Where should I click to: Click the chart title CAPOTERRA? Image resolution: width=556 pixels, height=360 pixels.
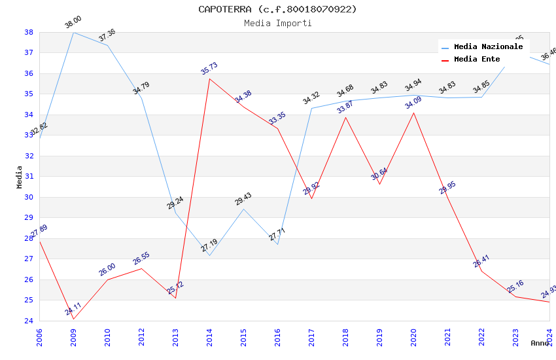point(277,9)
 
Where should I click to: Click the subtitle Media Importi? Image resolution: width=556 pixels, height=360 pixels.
point(277,24)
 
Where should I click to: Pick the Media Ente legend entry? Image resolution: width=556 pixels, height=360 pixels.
point(477,60)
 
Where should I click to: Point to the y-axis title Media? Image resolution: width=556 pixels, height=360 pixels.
point(20,177)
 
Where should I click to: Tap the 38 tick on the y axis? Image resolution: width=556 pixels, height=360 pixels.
point(29,32)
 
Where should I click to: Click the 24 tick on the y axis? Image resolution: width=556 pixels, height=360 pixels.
point(29,321)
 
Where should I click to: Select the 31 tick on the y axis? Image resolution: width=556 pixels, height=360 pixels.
point(29,177)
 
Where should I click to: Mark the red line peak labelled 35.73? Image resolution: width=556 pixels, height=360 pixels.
point(209,79)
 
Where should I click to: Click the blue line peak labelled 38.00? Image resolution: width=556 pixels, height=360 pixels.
point(73,32)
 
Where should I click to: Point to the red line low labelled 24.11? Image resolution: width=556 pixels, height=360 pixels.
point(73,319)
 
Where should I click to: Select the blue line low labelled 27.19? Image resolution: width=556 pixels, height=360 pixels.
point(209,255)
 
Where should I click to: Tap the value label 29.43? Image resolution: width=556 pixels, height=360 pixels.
point(243,199)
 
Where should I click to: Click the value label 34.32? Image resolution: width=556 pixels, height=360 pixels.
point(311,98)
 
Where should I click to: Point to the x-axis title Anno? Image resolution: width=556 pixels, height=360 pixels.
point(540,343)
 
